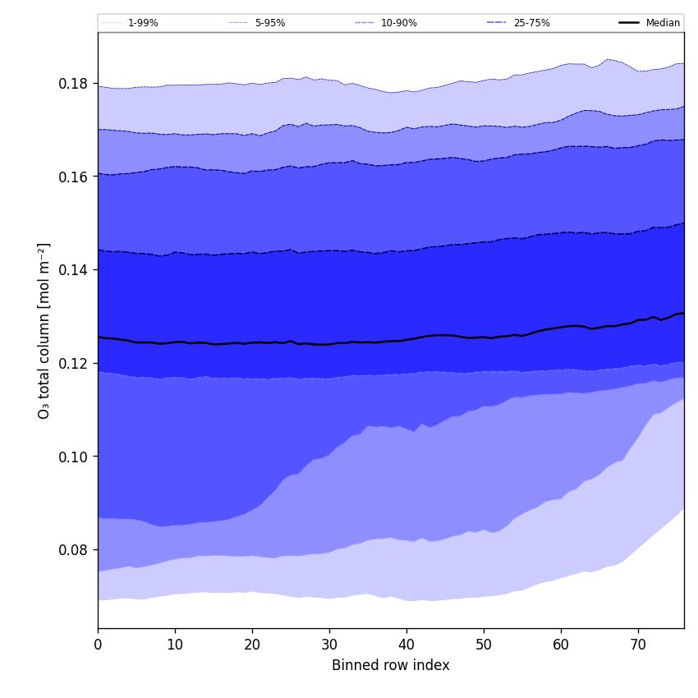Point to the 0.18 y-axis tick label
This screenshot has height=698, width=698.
tap(74, 84)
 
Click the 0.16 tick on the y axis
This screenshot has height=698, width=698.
tap(74, 177)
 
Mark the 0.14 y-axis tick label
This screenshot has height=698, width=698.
tap(74, 270)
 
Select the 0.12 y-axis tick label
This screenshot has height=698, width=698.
tap(74, 363)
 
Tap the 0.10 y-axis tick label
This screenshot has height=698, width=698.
tap(74, 457)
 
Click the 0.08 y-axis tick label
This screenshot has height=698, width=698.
tap(74, 549)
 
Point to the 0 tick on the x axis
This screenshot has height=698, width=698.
tap(98, 645)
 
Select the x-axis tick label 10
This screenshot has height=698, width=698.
tap(175, 645)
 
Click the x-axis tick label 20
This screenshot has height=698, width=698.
tap(252, 645)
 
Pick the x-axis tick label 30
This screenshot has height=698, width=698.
tap(329, 645)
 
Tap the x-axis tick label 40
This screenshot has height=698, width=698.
tap(406, 645)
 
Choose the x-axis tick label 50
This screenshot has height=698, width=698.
tap(484, 645)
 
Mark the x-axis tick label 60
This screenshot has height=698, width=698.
tap(561, 645)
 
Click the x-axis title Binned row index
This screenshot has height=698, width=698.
tap(391, 666)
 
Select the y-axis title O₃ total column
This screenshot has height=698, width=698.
tap(44, 330)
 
